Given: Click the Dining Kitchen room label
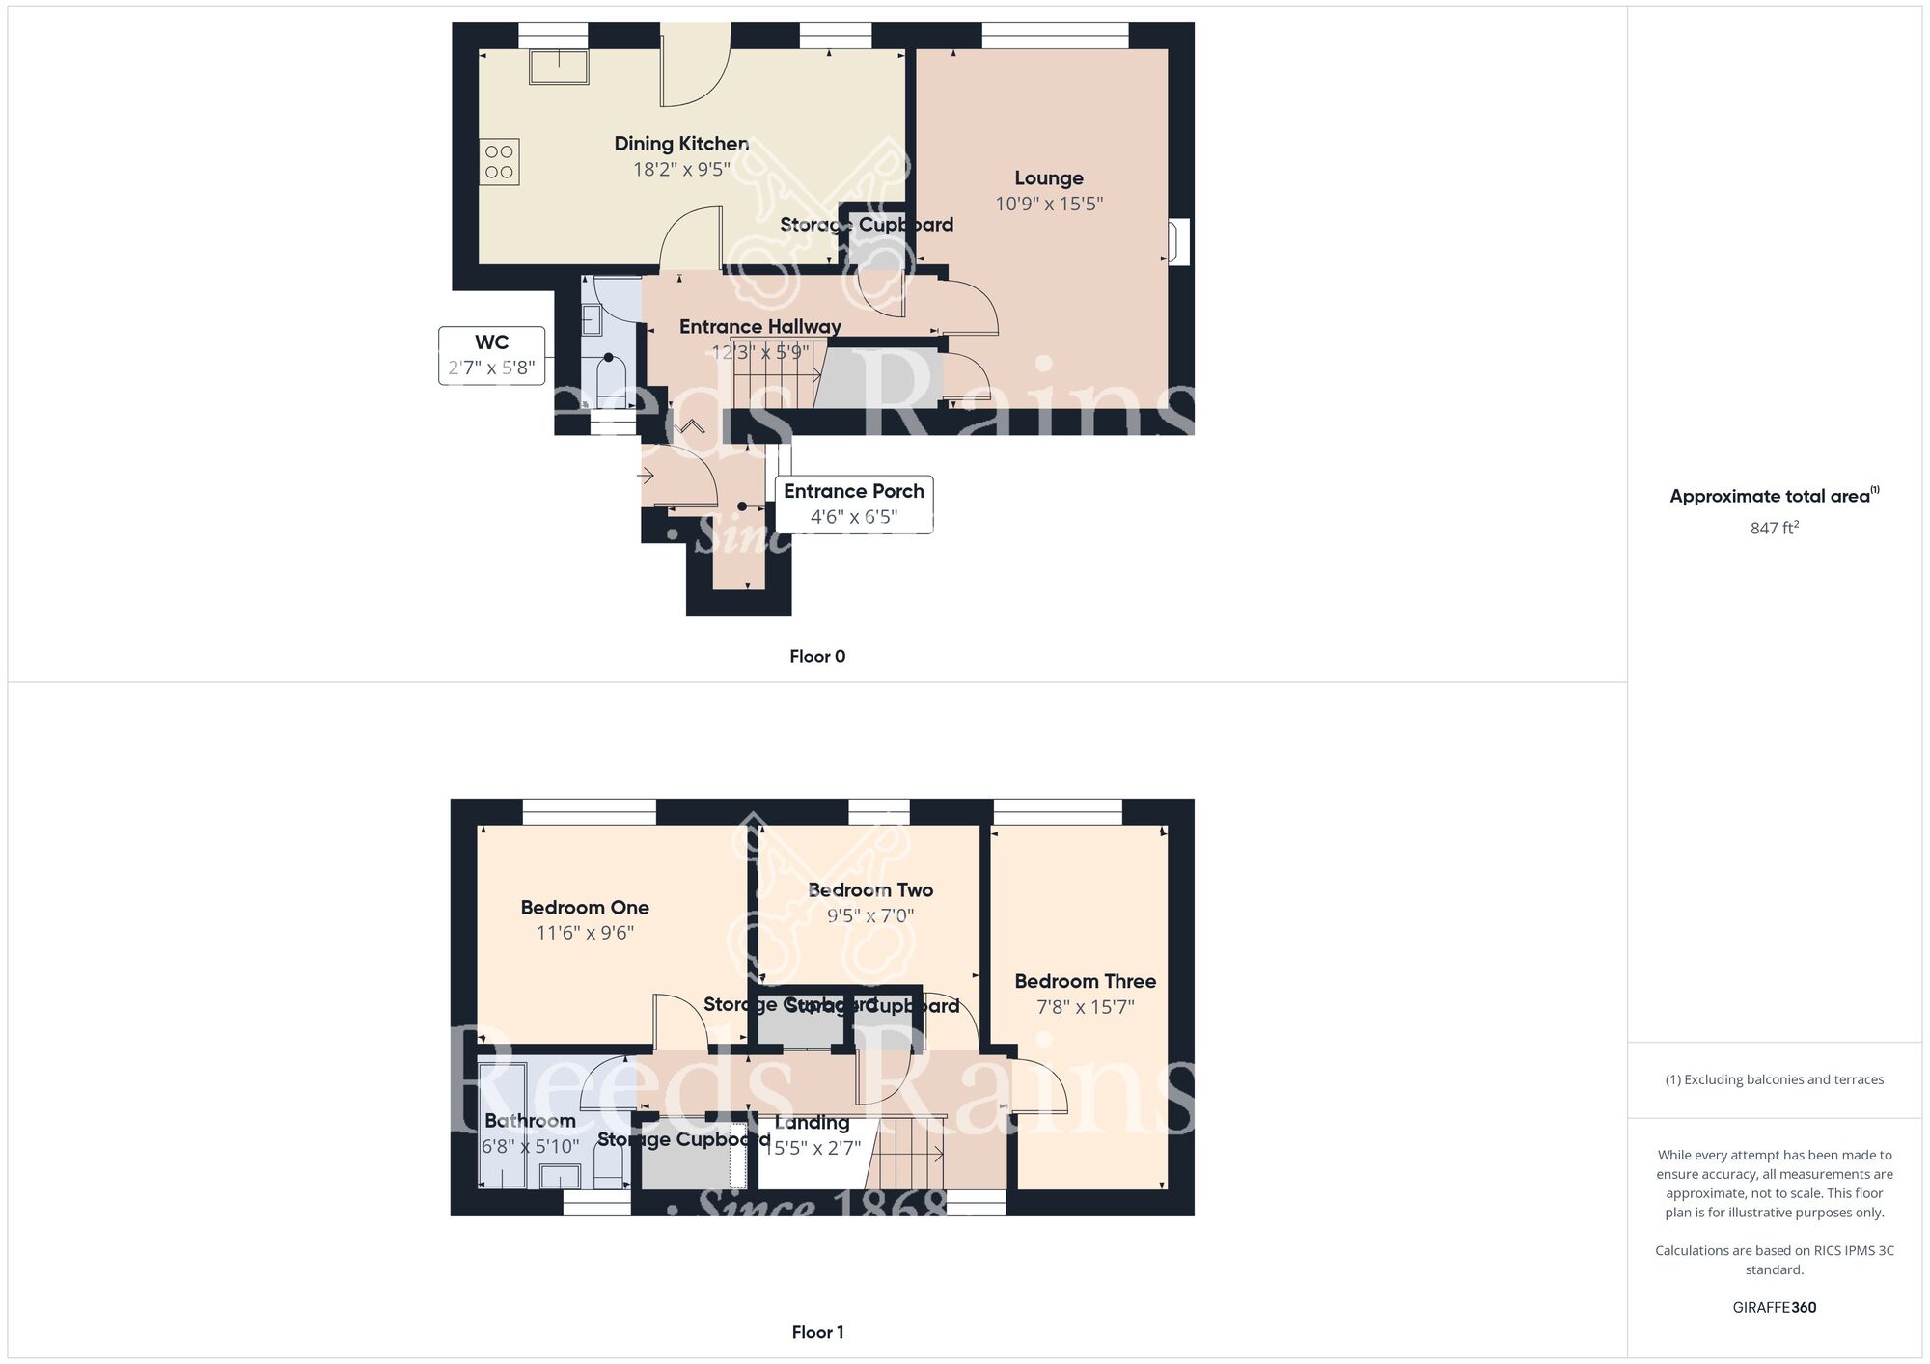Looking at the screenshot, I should coord(681,144).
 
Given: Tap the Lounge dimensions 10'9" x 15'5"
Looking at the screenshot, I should coord(1049,204).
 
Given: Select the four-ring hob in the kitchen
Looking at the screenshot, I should coord(499,162).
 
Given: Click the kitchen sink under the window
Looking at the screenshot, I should coord(559,67).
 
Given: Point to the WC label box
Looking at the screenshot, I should coord(492,355).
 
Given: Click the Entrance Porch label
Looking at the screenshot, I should coord(853,491).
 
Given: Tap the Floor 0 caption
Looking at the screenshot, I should coord(817,656).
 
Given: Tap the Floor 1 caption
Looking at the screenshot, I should coord(817,1332).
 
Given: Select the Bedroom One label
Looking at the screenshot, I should coord(585,908).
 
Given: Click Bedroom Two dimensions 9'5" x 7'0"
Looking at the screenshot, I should coord(870,915).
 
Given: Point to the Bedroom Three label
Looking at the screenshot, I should coord(1085,981).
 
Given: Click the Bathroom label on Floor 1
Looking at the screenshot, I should coord(530,1121).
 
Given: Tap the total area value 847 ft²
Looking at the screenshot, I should coord(1774,528).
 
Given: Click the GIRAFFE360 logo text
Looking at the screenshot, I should coord(1774,1308).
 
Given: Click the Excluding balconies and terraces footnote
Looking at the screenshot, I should coord(1774,1079).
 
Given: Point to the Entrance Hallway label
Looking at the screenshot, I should coord(760,327).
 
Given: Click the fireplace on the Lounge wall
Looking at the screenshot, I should coord(1178,241).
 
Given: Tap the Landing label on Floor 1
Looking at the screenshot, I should coord(812,1123).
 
